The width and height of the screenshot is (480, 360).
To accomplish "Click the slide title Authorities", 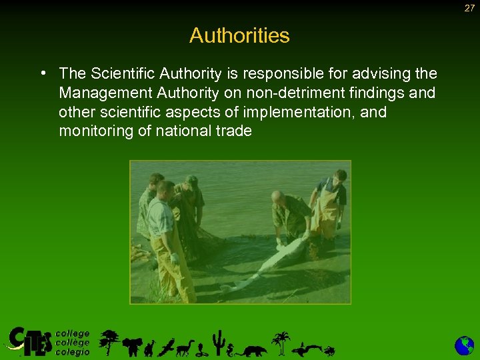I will pyautogui.click(x=239, y=35).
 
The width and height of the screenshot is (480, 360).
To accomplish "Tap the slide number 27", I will pyautogui.click(x=469, y=7).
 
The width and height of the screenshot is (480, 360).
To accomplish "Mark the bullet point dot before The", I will pyautogui.click(x=43, y=73).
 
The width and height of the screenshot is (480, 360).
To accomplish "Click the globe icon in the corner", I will pyautogui.click(x=464, y=345).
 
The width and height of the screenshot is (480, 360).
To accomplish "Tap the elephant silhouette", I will pyautogui.click(x=133, y=346).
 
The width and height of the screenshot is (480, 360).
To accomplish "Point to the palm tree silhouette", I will pyautogui.click(x=282, y=342).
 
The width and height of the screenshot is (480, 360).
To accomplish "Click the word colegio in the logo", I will pyautogui.click(x=72, y=352).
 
